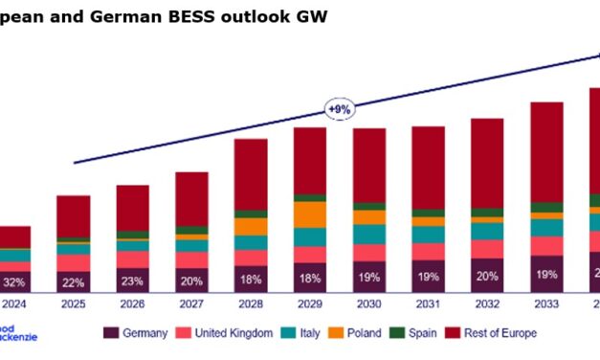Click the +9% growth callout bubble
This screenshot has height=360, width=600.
coord(340,109)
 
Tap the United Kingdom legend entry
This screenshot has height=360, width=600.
coord(234,333)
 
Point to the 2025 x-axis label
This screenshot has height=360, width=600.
coord(73,306)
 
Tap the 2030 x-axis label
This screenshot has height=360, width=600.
coord(368,306)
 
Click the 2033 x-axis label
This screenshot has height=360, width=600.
coord(546,306)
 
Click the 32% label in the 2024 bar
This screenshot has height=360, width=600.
coord(14,282)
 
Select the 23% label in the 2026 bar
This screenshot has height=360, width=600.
coord(133,281)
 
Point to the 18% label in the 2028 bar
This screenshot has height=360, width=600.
coord(251,281)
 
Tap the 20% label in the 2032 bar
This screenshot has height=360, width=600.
coord(487,278)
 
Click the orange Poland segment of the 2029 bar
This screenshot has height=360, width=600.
coord(310,214)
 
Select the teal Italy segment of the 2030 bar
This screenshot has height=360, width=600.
coord(369,234)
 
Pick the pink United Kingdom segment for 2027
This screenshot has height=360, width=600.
coord(191,259)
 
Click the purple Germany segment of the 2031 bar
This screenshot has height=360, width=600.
coord(428,276)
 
